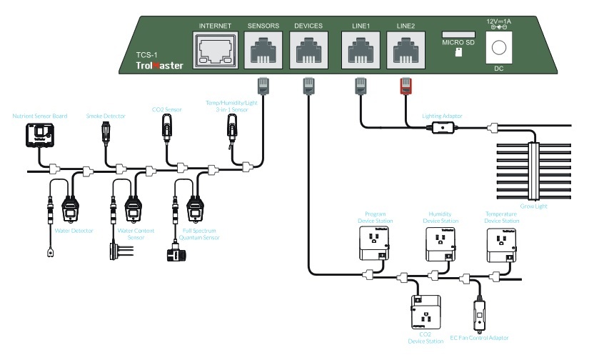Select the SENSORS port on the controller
(263, 51)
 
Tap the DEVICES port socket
(308, 51)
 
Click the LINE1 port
(361, 51)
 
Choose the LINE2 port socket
(406, 51)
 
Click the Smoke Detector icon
(108, 131)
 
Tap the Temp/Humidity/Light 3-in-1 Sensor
(233, 131)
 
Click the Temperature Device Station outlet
(503, 246)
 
